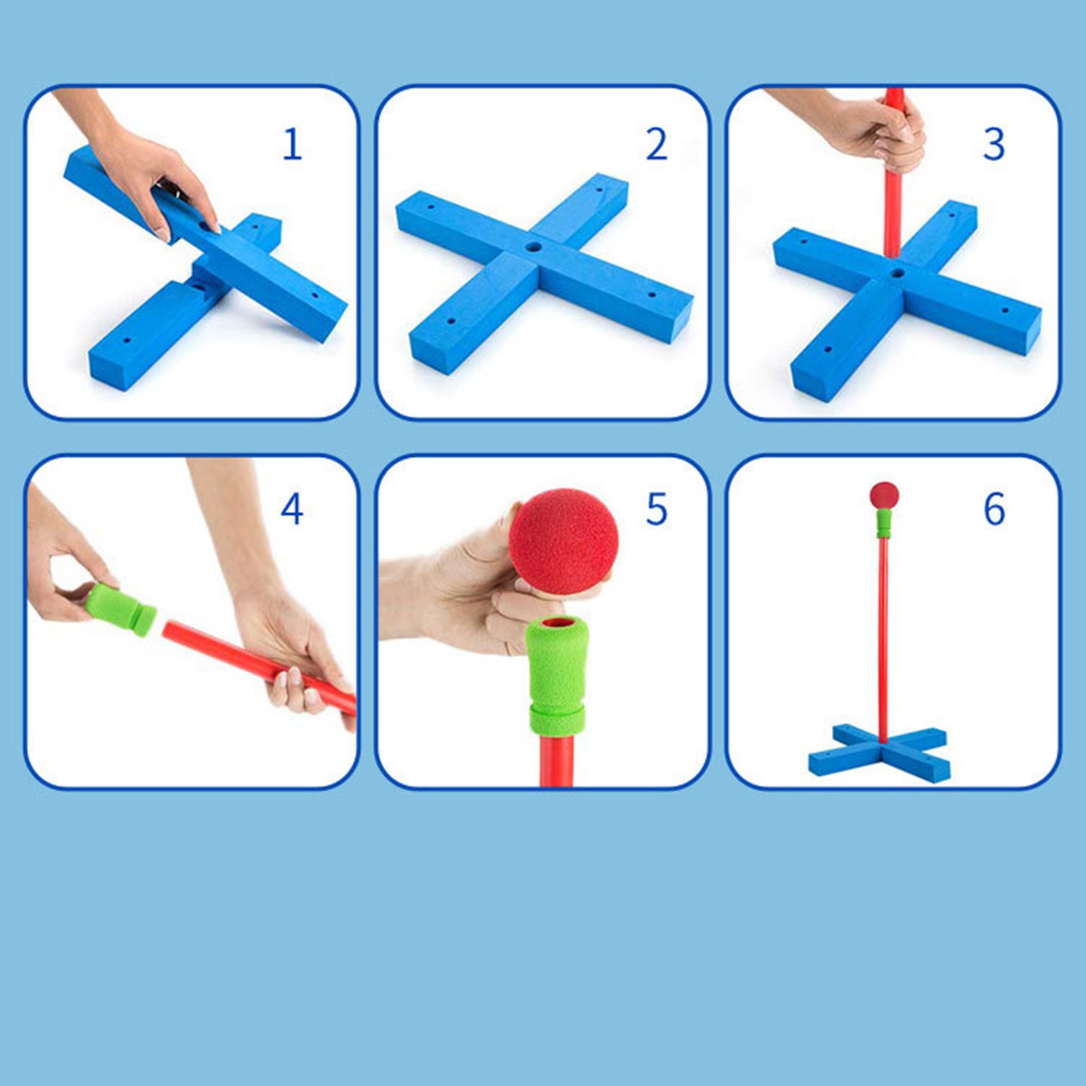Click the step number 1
[x=293, y=144]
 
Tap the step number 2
[x=656, y=144]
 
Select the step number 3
[x=994, y=144]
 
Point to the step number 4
[x=292, y=509]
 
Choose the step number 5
[x=656, y=509]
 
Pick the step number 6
[x=994, y=509]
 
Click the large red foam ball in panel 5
[x=563, y=541]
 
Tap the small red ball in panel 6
[x=884, y=495]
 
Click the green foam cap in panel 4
[x=121, y=609]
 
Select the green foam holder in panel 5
[x=557, y=675]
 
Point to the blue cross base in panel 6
[x=880, y=753]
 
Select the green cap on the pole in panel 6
[x=883, y=523]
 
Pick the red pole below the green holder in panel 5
[x=557, y=760]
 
